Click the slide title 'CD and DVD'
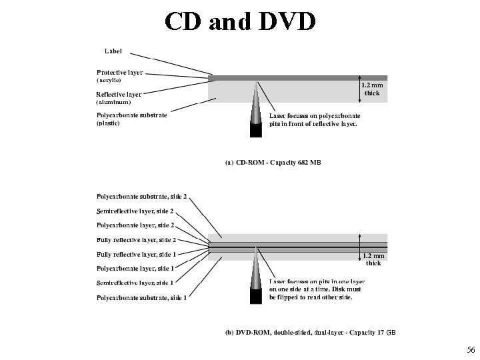point(240,21)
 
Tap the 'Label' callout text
point(113,51)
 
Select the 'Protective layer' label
point(119,72)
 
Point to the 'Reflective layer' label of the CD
point(119,95)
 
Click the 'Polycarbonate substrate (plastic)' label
point(132,115)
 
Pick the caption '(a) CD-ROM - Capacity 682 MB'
point(273,163)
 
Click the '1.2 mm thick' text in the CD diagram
point(372,89)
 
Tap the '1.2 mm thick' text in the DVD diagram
point(373,259)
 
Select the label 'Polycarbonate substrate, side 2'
point(141,197)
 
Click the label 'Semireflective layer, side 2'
point(135,211)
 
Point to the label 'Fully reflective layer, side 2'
point(136,240)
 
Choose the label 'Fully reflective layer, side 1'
point(136,255)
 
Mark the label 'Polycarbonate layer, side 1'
point(135,269)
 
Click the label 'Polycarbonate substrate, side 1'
point(141,297)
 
